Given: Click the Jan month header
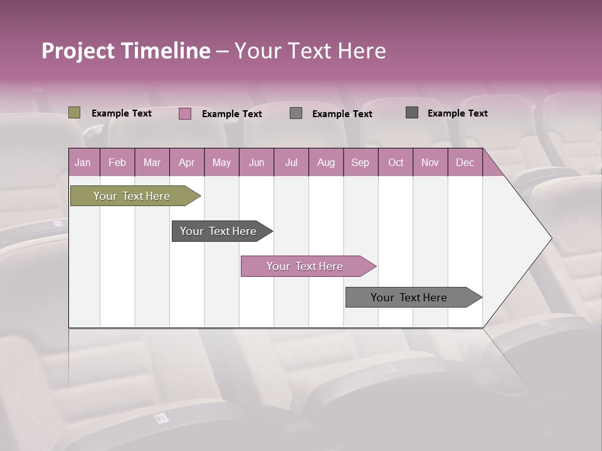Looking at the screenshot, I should (x=83, y=163).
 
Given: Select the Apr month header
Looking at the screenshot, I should (x=186, y=163).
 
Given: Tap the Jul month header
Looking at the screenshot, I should (x=291, y=163).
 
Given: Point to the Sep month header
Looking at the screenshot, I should (x=360, y=163).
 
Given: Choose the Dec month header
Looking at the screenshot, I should (x=465, y=163).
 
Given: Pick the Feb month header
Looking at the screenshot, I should (x=117, y=163).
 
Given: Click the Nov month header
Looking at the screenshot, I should (x=430, y=163).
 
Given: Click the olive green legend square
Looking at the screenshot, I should (x=75, y=113).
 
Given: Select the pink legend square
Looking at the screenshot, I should (x=185, y=113).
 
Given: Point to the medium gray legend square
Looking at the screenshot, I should (x=296, y=113).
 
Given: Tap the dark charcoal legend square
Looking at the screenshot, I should (x=412, y=113).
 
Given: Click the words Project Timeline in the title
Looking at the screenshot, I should (x=126, y=51).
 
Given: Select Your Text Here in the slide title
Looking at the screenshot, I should (x=310, y=51).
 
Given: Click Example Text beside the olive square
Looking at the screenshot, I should (x=122, y=113).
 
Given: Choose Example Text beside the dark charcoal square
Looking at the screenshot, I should (x=458, y=113).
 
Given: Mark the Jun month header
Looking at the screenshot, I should (x=256, y=163).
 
